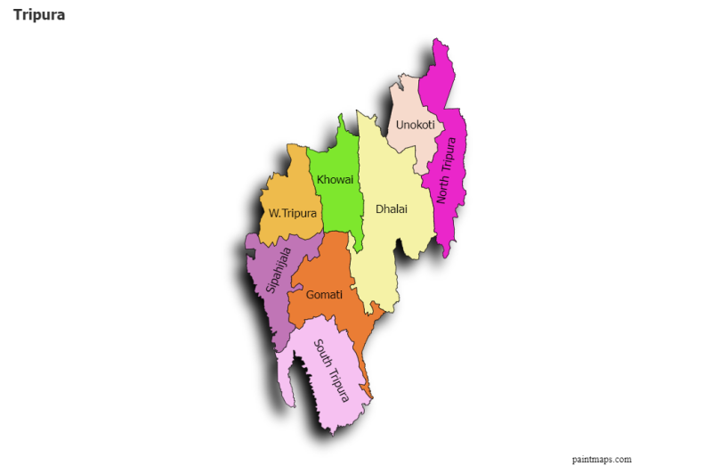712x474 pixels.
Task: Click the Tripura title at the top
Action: [x=39, y=15]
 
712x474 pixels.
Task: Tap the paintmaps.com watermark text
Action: [x=602, y=460]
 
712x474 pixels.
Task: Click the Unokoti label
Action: [x=415, y=125]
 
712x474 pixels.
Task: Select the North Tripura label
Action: [x=446, y=169]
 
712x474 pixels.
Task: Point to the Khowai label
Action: [x=335, y=180]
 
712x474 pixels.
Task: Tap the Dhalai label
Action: [x=391, y=208]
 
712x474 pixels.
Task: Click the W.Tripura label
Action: [x=293, y=214]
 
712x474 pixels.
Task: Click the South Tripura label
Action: [x=332, y=370]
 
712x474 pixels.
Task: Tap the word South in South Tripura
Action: [x=322, y=355]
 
